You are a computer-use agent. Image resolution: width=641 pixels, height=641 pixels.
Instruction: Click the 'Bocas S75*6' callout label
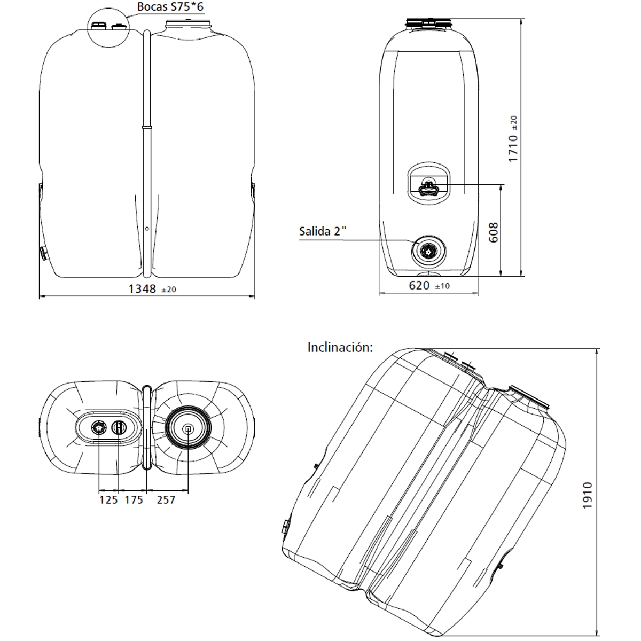pos(170,7)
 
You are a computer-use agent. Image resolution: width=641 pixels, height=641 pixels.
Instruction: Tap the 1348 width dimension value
pos(142,289)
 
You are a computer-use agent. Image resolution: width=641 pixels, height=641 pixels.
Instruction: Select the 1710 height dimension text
pos(513,148)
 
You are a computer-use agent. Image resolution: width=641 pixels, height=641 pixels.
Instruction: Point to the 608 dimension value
pos(493,232)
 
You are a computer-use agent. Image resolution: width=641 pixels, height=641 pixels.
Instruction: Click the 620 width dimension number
pos(419,286)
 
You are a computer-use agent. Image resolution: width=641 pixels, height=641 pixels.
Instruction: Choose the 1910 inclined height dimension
pos(588,495)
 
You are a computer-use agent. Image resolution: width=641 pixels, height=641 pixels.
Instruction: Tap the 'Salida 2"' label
pos(323,232)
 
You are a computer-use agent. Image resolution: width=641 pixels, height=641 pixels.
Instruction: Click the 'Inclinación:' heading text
pos(340,347)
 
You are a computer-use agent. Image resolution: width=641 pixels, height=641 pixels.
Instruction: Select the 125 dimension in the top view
pos(108,500)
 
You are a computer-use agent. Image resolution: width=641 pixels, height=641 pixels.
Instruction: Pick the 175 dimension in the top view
pos(134,500)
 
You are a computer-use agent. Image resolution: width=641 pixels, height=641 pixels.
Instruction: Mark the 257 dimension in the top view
pos(166,500)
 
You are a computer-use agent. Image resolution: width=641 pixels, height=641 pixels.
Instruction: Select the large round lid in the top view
pos(188,428)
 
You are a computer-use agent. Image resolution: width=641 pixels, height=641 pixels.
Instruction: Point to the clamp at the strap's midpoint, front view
pos(147,127)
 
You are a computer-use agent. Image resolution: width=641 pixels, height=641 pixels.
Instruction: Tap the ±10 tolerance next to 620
pos(442,286)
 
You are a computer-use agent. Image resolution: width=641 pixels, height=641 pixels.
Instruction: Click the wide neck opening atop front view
pos(189,24)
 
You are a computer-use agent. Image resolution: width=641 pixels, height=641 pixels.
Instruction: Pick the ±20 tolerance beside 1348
pos(168,290)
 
